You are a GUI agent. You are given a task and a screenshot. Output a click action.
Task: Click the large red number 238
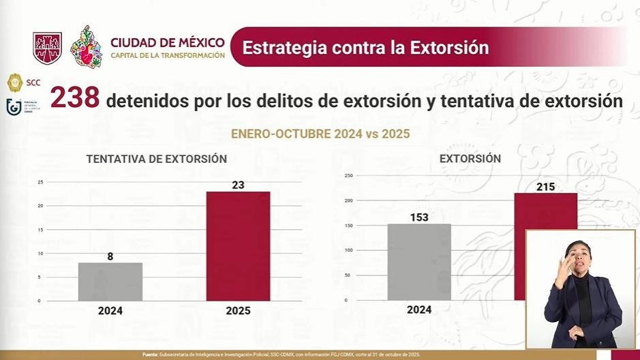75,100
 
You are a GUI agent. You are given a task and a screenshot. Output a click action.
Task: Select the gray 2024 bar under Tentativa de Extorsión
110,282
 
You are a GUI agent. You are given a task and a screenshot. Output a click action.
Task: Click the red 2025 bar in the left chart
238,245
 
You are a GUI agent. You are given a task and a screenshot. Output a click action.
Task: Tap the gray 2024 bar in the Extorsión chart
419,262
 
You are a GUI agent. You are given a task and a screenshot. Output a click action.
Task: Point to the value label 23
238,183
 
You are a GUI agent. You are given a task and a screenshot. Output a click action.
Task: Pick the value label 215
545,185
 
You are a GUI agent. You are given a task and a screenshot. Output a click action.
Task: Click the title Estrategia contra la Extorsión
365,48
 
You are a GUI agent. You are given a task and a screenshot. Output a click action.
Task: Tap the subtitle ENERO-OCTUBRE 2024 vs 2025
320,134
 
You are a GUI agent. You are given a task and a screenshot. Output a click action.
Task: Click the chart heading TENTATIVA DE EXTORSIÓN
157,159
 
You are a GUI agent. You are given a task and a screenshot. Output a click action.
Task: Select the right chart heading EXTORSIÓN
470,158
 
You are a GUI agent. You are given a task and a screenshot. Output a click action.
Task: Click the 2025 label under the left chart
238,311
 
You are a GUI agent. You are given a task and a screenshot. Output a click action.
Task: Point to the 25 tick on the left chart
40,182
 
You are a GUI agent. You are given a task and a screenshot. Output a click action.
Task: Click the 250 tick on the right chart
348,175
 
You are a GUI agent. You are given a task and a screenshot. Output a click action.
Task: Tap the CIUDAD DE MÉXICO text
166,42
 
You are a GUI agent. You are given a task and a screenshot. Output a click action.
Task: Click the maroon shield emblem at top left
48,48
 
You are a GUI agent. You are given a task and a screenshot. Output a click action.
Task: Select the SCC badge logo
15,83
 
